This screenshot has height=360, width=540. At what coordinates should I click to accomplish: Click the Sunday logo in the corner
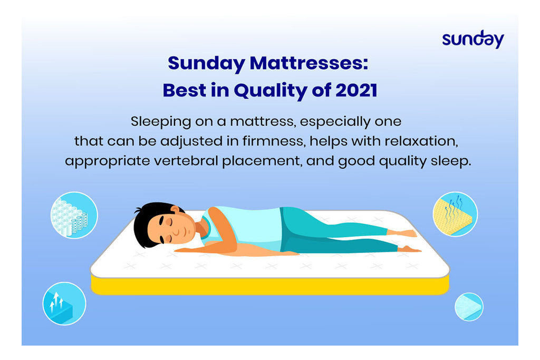[x=473, y=39]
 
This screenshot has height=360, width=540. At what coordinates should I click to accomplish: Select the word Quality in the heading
[x=271, y=91]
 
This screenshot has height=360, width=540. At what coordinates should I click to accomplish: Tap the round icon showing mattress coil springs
[x=74, y=215]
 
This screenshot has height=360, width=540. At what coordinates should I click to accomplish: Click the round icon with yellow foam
[x=455, y=214]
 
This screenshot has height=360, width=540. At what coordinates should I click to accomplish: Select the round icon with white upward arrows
[x=64, y=304]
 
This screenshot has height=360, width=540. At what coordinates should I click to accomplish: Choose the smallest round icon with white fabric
[x=469, y=307]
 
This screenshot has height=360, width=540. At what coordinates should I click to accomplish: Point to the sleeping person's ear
[x=175, y=210]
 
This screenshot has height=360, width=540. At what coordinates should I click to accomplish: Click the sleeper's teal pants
[x=331, y=230]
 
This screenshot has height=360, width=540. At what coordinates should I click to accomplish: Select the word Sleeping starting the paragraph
[x=161, y=122]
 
